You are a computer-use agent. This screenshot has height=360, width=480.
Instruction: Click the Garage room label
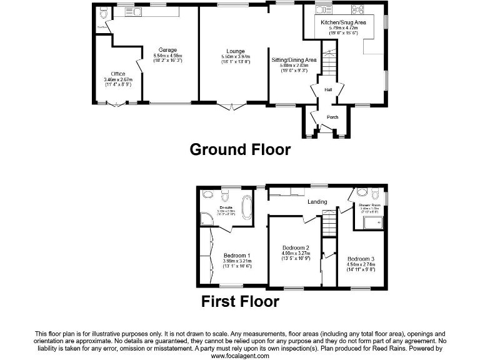click(167, 50)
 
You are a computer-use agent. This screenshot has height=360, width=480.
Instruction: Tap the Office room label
click(117, 74)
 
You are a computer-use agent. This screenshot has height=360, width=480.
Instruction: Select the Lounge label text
click(236, 51)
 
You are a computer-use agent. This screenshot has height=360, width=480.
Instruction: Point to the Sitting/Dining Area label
click(294, 60)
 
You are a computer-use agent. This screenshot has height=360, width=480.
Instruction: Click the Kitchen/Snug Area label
click(339, 22)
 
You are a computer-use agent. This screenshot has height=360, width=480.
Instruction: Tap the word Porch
click(332, 117)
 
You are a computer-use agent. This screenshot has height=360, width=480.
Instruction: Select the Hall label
click(327, 90)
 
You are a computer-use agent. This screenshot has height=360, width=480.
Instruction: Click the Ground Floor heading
click(240, 149)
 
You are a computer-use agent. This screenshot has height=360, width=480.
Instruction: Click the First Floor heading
click(240, 302)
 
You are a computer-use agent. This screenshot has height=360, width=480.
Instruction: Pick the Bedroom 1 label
click(237, 255)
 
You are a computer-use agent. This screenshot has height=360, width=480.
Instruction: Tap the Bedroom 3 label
click(361, 259)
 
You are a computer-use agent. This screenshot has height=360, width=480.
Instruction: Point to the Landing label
click(317, 202)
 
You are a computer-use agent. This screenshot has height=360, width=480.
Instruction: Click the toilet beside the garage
click(103, 12)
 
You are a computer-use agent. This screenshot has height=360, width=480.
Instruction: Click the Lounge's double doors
click(231, 107)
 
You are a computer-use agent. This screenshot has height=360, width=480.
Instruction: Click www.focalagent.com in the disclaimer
click(240, 356)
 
